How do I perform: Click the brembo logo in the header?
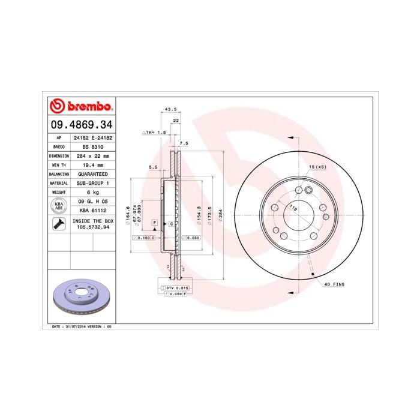pyautogui.click(x=80, y=107)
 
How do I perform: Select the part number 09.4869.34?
pyautogui.click(x=80, y=125)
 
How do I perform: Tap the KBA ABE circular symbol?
pyautogui.click(x=59, y=206)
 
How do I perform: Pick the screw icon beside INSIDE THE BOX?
pyautogui.click(x=59, y=224)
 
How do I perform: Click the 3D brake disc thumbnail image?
pyautogui.click(x=80, y=298)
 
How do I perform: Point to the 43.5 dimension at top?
pyautogui.click(x=170, y=109)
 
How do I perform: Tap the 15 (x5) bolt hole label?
pyautogui.click(x=317, y=166)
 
